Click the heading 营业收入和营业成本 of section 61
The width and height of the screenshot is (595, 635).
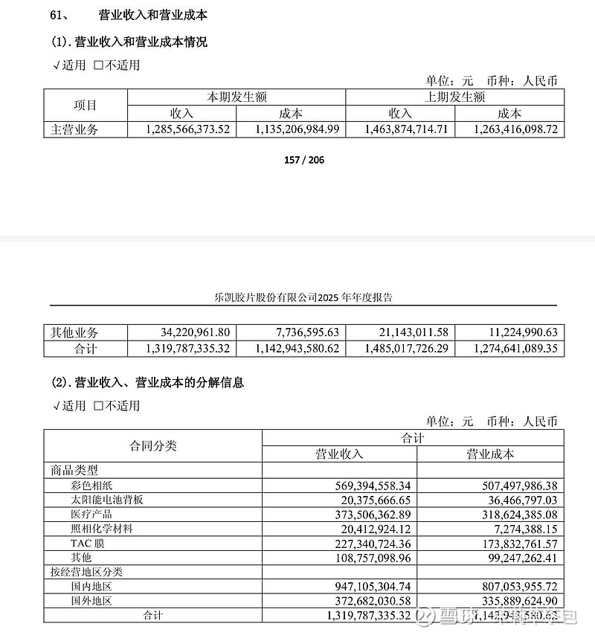coord(152,16)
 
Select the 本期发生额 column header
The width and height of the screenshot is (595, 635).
coord(237,97)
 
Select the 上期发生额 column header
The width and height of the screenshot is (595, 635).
coord(454,97)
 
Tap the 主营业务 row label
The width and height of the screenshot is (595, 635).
coord(74,129)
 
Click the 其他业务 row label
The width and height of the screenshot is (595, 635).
coord(74,332)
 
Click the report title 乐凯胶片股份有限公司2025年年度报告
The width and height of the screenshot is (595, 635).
coord(303,297)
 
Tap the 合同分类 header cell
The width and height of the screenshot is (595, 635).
coord(152,446)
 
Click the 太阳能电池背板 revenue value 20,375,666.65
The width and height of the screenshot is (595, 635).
coord(369,500)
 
